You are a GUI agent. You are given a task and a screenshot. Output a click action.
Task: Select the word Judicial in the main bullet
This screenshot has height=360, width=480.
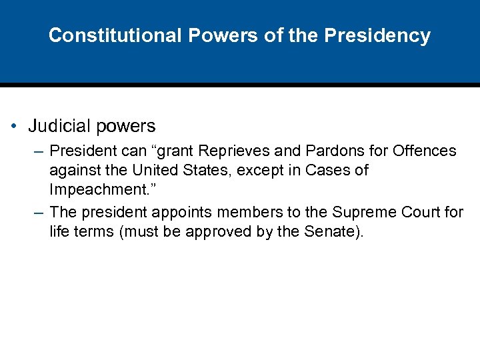click(x=58, y=126)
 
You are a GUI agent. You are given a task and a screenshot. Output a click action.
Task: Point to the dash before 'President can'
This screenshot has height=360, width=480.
click(x=40, y=151)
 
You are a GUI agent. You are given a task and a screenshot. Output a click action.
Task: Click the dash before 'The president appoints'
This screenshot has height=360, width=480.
click(x=40, y=213)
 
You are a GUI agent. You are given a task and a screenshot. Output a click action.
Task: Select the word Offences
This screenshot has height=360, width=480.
click(x=425, y=151)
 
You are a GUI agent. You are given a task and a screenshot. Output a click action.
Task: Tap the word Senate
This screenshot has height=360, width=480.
click(x=335, y=233)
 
